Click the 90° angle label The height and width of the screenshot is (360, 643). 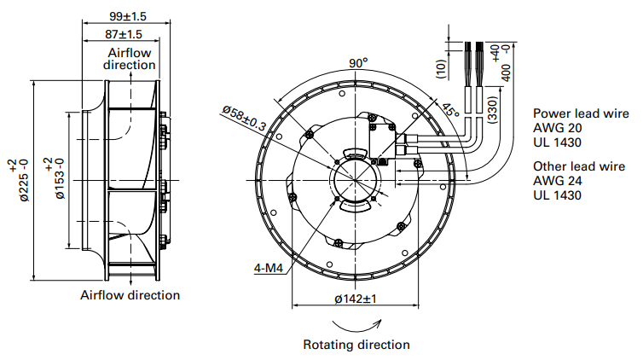[x=358, y=62]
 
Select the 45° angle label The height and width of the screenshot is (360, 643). [x=450, y=108]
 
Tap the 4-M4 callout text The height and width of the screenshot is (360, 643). [x=268, y=267]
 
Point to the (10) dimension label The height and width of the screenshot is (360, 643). [x=441, y=68]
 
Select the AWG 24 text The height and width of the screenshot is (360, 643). [x=557, y=181]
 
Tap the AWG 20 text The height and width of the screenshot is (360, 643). [x=557, y=127]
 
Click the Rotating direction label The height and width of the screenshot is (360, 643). [x=356, y=345]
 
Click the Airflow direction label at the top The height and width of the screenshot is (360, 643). [x=128, y=58]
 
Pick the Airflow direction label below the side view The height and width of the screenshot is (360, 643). [x=130, y=295]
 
